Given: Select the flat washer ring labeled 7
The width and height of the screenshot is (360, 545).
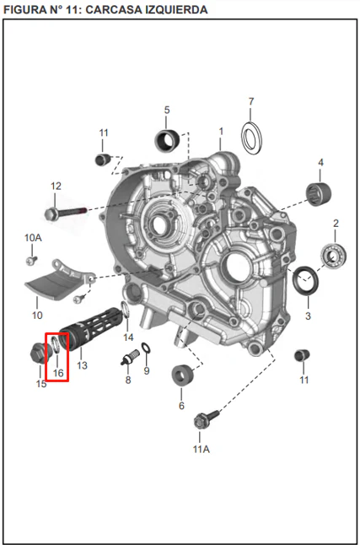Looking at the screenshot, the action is tap(251, 138).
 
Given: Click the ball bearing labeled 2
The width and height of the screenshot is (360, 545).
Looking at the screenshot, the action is tap(333, 256).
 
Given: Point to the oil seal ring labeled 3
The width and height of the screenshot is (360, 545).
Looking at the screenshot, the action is tap(305, 280).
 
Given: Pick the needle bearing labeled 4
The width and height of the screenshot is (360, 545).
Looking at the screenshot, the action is tap(319, 194).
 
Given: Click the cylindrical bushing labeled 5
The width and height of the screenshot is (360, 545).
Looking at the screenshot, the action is tap(167, 141).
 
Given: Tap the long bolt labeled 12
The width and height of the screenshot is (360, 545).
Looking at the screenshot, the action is tap(66, 213).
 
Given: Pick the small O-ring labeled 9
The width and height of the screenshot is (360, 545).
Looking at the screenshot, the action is tap(146, 348).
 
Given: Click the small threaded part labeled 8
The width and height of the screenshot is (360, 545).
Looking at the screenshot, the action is tap(131, 357).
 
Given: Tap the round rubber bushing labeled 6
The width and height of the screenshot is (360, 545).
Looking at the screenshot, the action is tap(183, 375).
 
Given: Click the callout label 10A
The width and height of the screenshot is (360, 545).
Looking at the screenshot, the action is tap(33, 238).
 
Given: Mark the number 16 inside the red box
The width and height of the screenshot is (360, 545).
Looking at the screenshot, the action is tap(58, 373).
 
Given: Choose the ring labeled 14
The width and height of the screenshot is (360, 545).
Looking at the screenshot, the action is tap(125, 310).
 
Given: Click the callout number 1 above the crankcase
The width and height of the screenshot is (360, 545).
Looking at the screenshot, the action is tap(221, 132).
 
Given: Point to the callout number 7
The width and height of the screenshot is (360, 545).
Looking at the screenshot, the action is tap(251, 101).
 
